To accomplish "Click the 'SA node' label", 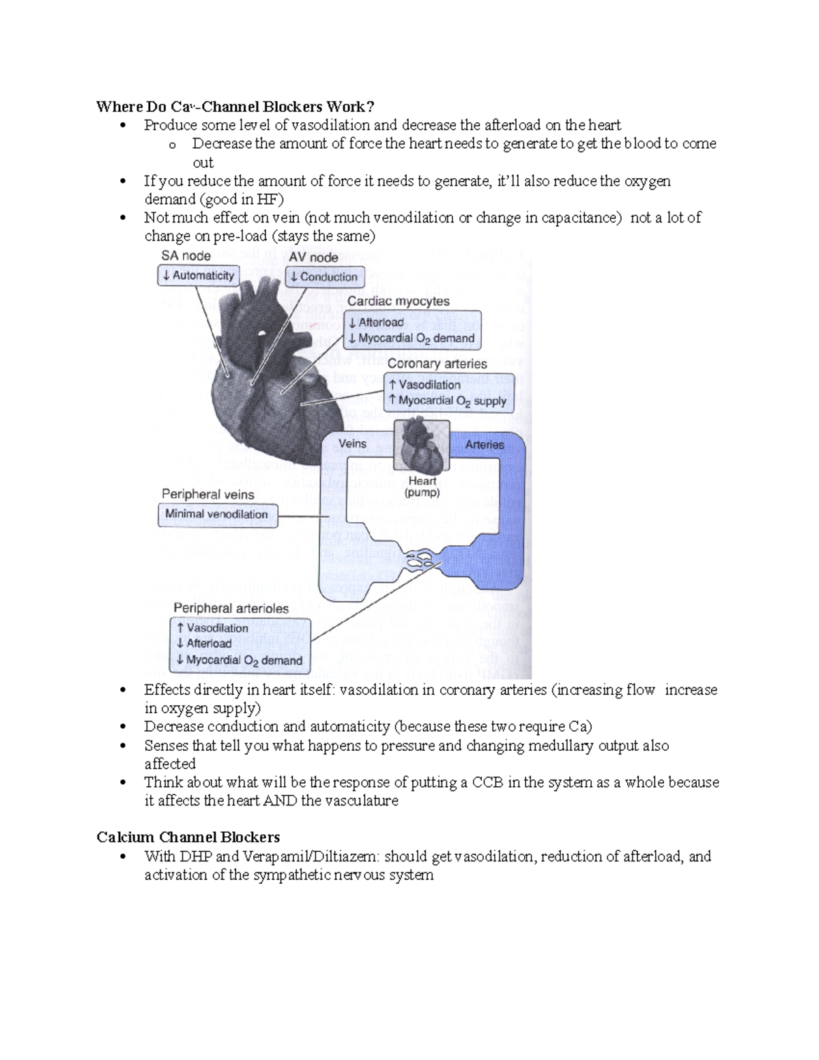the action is pos(186,256).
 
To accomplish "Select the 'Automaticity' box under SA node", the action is pos(197,276).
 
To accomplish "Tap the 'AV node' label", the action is pos(313,257).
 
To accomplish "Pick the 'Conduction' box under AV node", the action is pos(324,277).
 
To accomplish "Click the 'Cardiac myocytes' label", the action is pos(399,301).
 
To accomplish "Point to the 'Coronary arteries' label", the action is pos(437,364).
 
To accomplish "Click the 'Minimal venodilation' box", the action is pos(217,515).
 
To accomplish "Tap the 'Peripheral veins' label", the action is pos(207,494).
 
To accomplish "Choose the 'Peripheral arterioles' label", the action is pos(231,608).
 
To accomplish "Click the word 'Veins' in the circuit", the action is pos(352,444).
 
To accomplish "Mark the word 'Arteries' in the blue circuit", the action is pos(485,444).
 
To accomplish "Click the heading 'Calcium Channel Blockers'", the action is pos(188,837).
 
